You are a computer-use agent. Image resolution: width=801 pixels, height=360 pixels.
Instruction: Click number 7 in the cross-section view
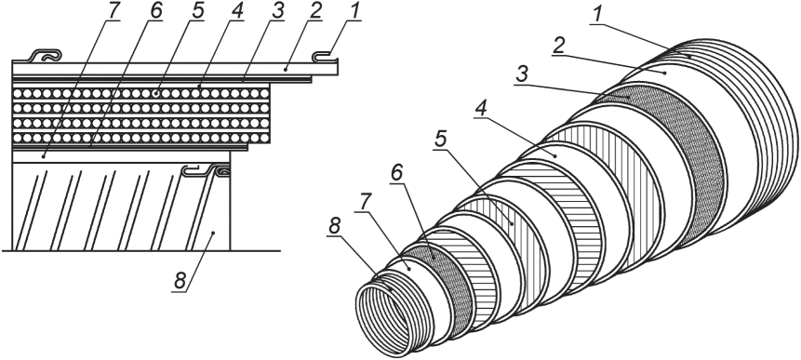coord(112,11)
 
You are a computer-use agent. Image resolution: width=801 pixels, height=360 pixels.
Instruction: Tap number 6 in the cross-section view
coord(154,11)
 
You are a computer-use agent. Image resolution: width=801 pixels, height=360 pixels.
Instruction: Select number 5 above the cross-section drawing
coord(196,11)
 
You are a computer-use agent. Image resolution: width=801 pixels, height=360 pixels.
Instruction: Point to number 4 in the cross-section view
coord(236,11)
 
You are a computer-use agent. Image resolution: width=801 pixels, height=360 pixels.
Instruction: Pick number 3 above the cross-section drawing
coord(277,11)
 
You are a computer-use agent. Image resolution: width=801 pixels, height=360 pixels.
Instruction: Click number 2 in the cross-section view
coord(315,11)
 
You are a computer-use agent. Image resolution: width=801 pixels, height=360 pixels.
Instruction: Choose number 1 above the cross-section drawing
coord(354,11)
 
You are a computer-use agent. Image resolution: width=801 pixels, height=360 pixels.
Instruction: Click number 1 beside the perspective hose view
coord(595,16)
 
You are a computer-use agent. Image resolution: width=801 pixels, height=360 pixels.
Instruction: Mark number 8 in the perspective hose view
coord(334,228)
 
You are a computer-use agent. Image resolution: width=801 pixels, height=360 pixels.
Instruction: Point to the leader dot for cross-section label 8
coord(214,233)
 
